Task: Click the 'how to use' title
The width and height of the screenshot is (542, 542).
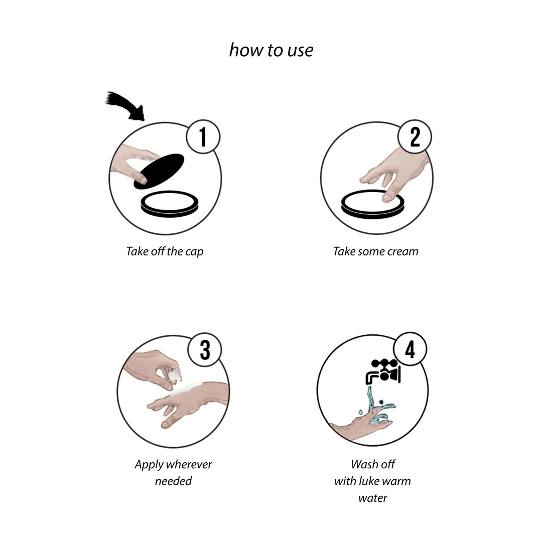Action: tap(272, 50)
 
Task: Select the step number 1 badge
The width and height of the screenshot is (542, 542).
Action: tap(203, 137)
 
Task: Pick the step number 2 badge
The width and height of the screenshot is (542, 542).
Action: tap(415, 137)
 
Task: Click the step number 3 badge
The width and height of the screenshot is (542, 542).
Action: tap(205, 350)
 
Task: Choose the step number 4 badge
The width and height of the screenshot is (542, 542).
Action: tap(410, 349)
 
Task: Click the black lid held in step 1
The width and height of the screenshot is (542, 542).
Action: tap(159, 172)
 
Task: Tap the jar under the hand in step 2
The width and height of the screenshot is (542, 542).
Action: tap(372, 205)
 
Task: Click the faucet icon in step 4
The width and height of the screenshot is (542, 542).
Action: tap(383, 371)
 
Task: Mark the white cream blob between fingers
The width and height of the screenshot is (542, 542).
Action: tap(175, 375)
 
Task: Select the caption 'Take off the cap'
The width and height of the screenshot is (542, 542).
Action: tap(165, 251)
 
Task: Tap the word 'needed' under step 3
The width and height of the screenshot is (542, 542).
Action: tap(173, 481)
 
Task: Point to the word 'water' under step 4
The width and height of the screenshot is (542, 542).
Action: tap(373, 498)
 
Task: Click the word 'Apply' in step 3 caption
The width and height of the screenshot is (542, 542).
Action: tap(149, 465)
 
